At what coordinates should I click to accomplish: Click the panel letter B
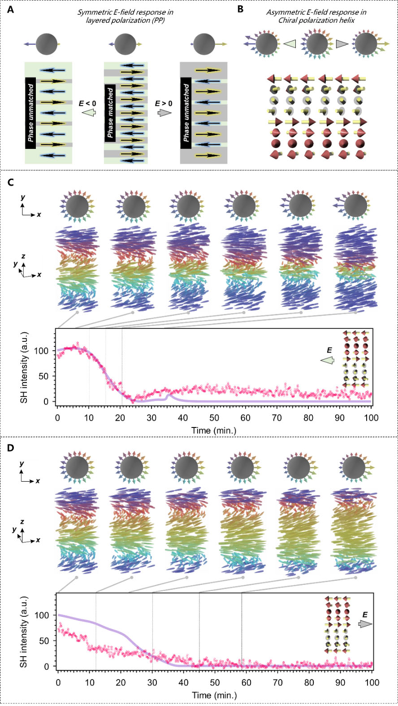[241, 9]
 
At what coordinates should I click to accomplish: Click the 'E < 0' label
[88, 103]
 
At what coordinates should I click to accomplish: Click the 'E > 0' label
[164, 103]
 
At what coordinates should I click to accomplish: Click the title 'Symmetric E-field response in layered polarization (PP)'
[125, 16]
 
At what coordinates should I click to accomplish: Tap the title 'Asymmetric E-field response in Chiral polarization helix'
[316, 16]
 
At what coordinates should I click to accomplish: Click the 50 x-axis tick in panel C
[214, 418]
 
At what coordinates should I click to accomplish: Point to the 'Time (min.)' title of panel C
[214, 431]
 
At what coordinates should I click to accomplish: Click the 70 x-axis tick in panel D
[277, 683]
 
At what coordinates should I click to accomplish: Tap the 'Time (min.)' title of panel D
[214, 696]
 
